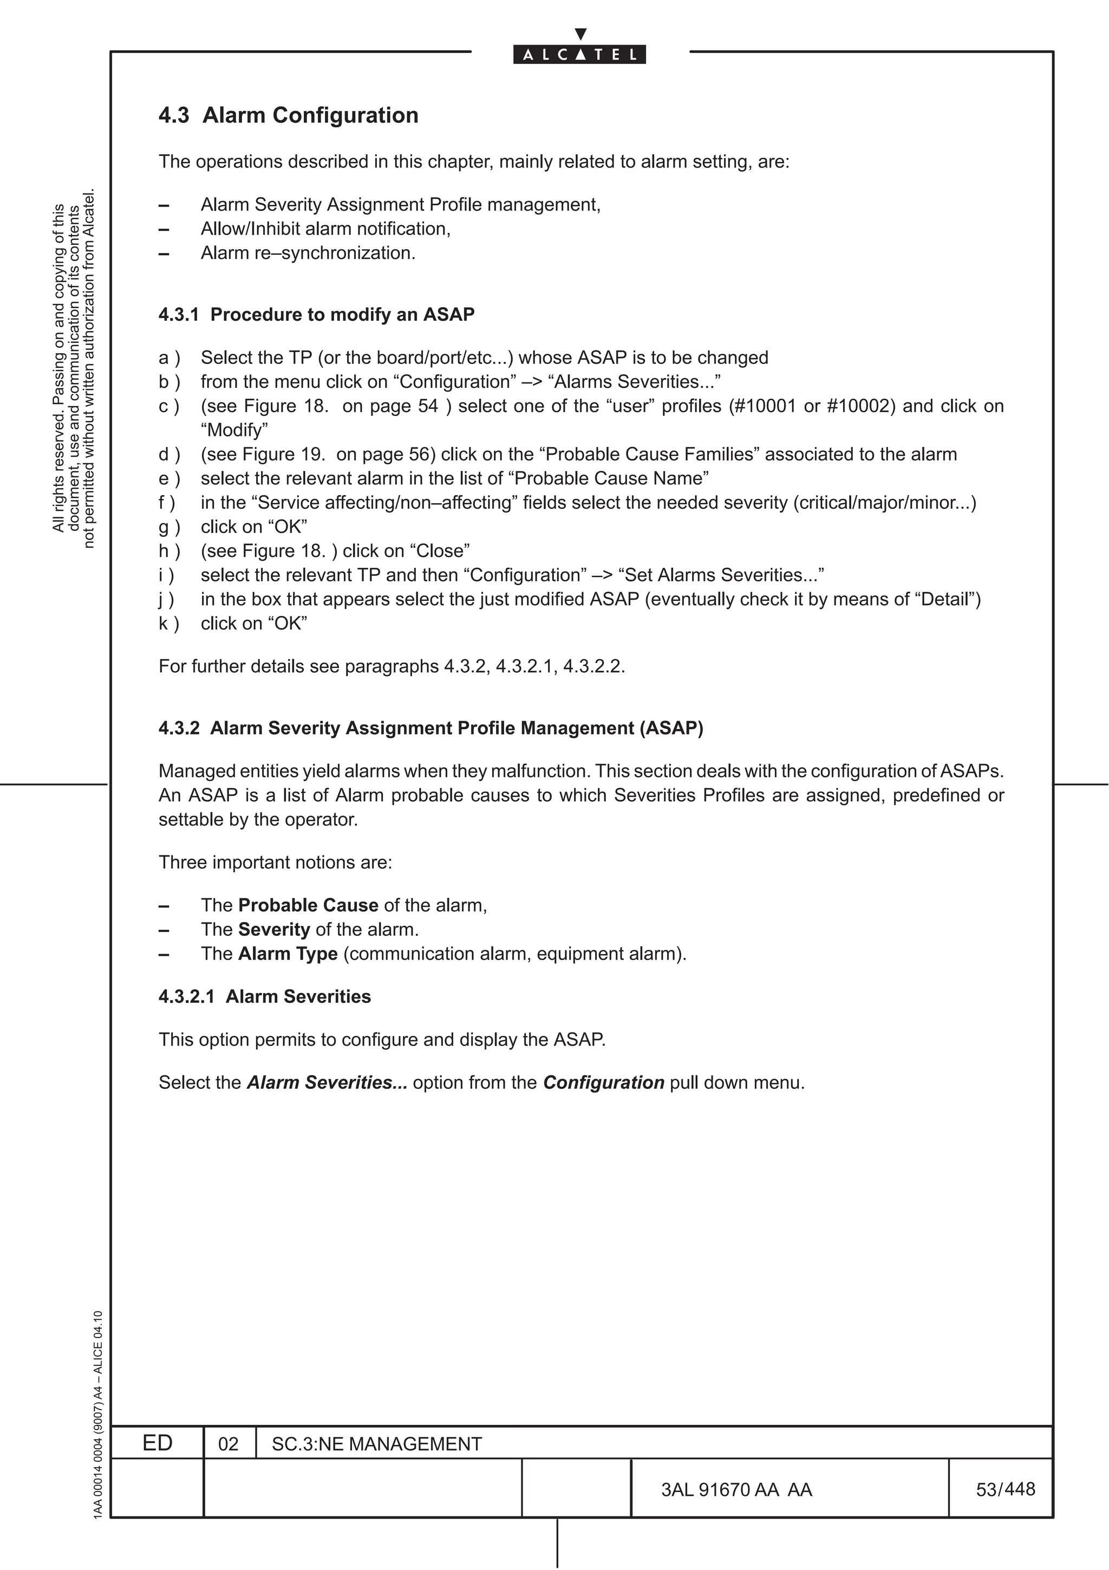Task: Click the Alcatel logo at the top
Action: pyautogui.click(x=579, y=54)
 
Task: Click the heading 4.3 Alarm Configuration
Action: pyautogui.click(x=289, y=115)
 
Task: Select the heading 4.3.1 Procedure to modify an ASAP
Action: pyautogui.click(x=316, y=315)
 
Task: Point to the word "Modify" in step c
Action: pyautogui.click(x=234, y=430)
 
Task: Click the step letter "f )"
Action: pyautogui.click(x=167, y=503)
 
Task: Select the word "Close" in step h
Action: pyautogui.click(x=439, y=551)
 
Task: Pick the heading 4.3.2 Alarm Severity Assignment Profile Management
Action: pyautogui.click(x=430, y=728)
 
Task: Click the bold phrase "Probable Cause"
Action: pyautogui.click(x=308, y=905)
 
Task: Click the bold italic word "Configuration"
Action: pyautogui.click(x=603, y=1083)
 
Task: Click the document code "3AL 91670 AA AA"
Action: pyautogui.click(x=736, y=1490)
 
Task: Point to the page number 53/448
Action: pyautogui.click(x=1005, y=1489)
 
